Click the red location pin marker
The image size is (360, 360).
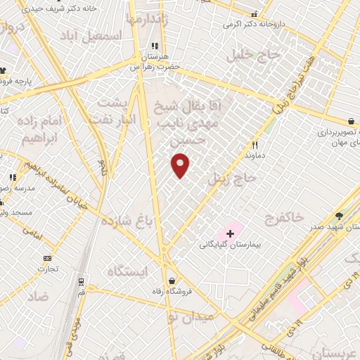point(181,166)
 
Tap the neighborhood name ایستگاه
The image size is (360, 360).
point(127,271)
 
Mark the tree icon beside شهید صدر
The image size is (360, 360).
point(340,217)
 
